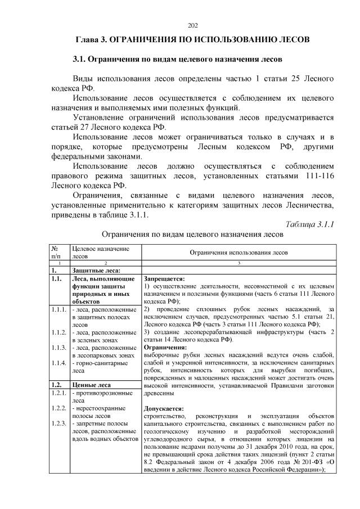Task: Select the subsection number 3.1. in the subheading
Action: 80,59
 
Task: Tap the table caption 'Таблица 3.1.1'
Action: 310,224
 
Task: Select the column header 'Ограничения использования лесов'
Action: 238,253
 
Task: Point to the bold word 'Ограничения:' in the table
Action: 166,348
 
